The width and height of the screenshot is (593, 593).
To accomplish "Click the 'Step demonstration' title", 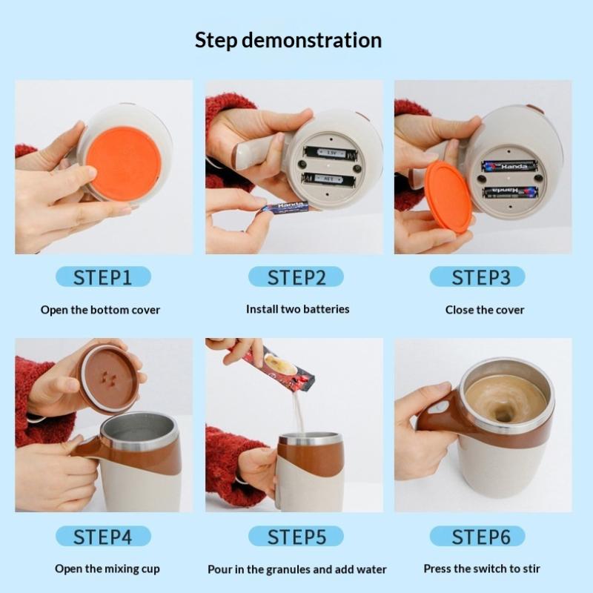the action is tap(288, 41).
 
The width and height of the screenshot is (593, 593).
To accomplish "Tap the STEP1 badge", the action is tap(103, 276).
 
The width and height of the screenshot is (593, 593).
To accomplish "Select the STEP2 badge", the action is tap(296, 276).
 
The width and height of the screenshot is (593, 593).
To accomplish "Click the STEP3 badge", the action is tap(477, 276).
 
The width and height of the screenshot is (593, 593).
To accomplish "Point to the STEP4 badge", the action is tap(103, 536).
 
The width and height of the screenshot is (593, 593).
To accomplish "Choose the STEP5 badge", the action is tap(296, 536).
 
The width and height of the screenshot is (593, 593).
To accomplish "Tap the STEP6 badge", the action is tap(477, 536).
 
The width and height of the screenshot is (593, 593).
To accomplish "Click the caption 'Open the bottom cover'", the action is tap(100, 310).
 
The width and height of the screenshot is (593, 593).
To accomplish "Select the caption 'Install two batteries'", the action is tap(298, 309).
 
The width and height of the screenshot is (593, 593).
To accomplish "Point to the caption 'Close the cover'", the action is tap(485, 310).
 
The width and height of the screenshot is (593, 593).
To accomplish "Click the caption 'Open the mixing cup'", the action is tap(107, 569).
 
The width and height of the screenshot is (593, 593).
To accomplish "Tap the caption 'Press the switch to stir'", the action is tap(482, 569).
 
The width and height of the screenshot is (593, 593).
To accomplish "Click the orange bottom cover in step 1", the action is tap(124, 164).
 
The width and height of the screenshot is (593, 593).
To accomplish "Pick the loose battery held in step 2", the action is tap(286, 208).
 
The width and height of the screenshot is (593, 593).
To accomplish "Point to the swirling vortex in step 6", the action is tap(503, 415).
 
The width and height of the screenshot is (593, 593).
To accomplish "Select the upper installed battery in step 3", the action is tap(509, 166).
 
